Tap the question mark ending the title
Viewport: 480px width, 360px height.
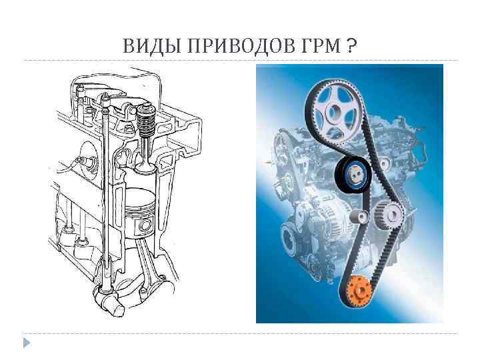click(x=351, y=46)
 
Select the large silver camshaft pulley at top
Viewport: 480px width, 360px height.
click(x=334, y=107)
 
